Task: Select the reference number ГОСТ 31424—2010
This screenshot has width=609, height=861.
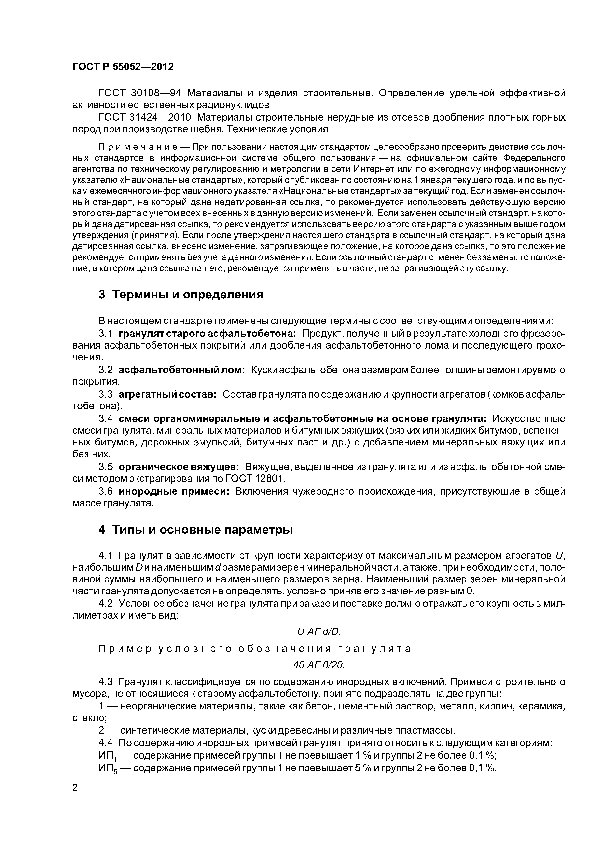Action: coord(144,117)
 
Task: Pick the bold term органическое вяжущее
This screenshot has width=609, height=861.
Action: coord(179,467)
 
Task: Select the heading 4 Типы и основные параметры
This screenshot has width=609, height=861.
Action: coord(195,530)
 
